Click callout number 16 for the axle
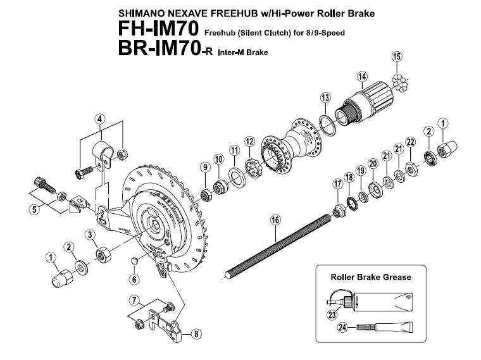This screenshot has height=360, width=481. click(275, 220)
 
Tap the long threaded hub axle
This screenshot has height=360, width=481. click(278, 245)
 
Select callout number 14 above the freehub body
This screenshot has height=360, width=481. click(362, 77)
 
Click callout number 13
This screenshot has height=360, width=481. click(325, 97)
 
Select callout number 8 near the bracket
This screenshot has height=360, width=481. click(195, 334)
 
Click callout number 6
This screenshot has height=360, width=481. click(134, 279)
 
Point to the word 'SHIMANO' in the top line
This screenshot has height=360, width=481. click(139, 12)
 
